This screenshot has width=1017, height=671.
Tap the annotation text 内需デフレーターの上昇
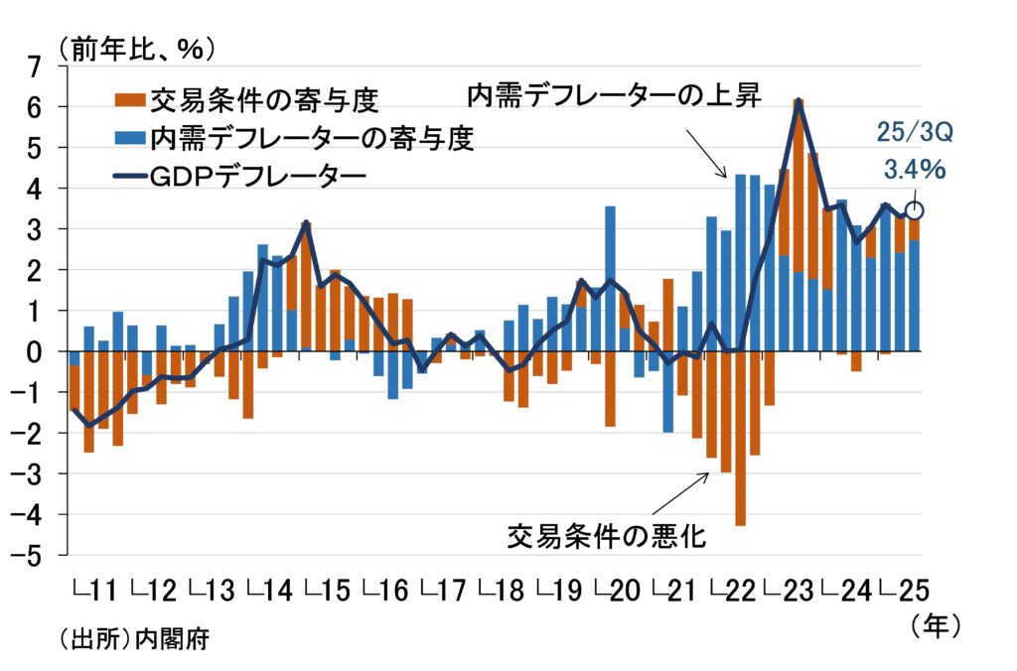click(x=615, y=96)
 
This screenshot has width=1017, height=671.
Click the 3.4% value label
click(x=914, y=170)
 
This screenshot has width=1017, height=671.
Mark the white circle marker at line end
click(x=915, y=210)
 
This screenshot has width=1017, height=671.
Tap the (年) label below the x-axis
click(x=935, y=625)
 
